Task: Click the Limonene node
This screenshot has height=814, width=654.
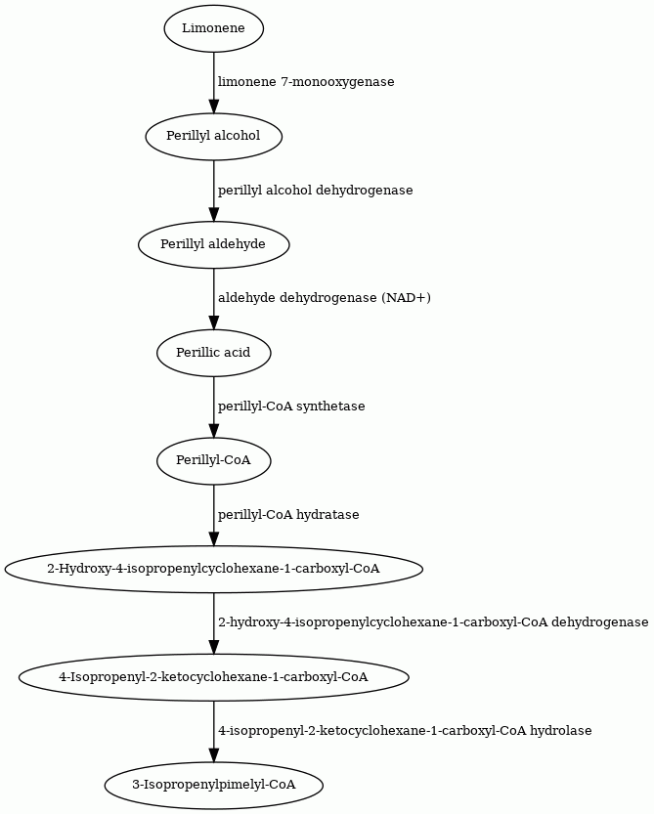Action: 213,28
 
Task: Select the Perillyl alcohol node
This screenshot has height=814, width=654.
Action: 213,136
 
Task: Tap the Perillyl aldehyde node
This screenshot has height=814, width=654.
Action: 213,244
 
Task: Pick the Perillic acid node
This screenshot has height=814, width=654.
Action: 213,353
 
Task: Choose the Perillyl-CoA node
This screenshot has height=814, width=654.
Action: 213,461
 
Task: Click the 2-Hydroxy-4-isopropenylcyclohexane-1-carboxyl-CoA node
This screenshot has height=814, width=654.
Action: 213,569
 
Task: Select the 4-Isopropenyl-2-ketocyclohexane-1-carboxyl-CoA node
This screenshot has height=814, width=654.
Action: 213,677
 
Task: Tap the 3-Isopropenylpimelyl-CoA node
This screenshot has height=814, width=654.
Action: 213,785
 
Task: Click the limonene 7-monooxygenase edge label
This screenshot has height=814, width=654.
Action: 306,82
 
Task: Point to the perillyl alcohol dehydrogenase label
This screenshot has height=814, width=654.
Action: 316,191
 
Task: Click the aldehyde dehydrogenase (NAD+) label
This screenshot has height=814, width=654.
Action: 325,298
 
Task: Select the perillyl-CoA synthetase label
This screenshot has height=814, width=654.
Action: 291,407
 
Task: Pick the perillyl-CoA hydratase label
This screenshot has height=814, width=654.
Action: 288,515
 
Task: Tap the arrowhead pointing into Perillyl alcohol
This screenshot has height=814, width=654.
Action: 213,105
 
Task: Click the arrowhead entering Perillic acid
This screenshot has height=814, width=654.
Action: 213,321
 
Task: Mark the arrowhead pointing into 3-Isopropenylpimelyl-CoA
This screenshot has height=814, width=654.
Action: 213,754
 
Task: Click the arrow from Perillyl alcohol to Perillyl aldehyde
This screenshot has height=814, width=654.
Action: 213,192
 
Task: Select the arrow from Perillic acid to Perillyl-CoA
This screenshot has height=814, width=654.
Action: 213,407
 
